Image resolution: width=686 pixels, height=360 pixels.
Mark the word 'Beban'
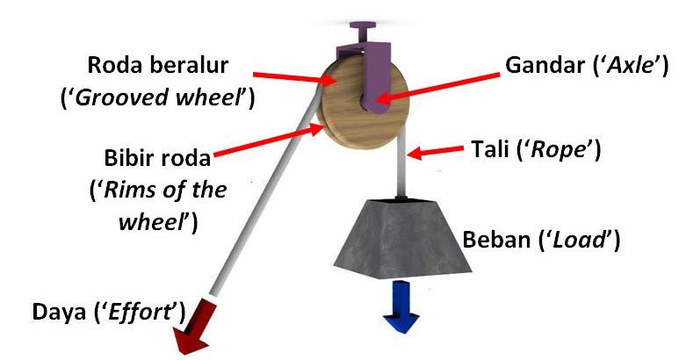click(x=491, y=239)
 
